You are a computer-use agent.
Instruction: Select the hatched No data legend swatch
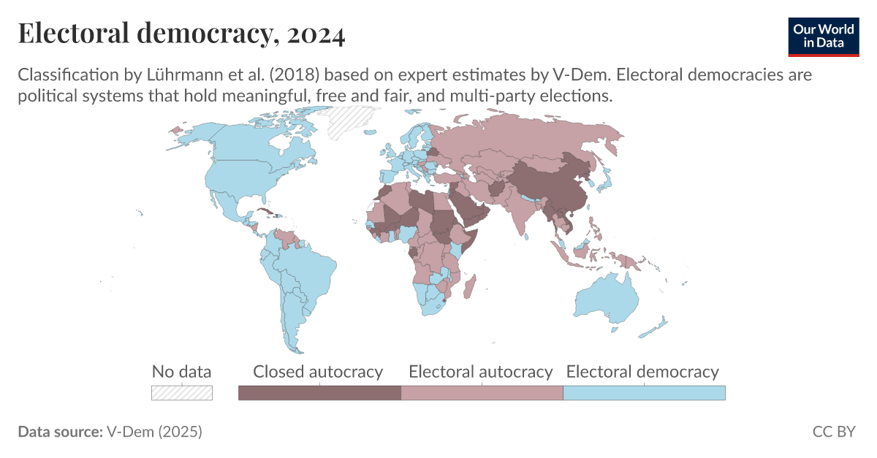click(x=181, y=393)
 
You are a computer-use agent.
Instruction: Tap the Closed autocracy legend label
click(x=318, y=372)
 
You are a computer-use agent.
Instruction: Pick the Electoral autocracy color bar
click(x=482, y=393)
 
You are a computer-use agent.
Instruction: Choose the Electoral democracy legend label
click(x=643, y=372)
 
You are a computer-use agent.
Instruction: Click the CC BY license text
click(x=834, y=432)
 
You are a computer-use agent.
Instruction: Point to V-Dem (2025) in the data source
click(x=154, y=432)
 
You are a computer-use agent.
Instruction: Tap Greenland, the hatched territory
click(x=349, y=121)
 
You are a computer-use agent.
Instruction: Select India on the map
click(x=525, y=212)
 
